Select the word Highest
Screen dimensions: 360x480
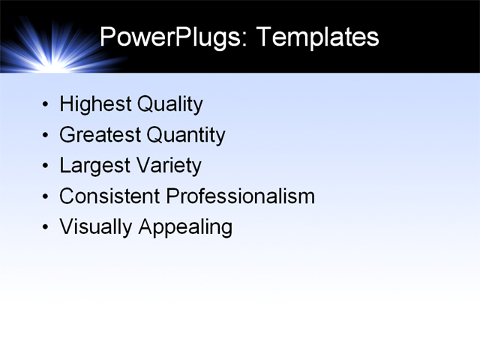click(x=94, y=104)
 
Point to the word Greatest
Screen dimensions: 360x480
click(x=99, y=135)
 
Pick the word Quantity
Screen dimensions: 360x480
click(x=185, y=135)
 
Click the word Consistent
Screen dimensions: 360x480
click(x=109, y=196)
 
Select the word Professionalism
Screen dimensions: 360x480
click(x=240, y=196)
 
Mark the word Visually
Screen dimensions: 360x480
click(x=96, y=227)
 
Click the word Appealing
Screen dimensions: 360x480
click(x=186, y=227)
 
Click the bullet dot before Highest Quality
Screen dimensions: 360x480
click(x=47, y=105)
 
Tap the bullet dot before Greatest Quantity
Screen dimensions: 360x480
click(x=47, y=136)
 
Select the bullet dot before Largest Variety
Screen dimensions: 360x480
click(x=47, y=166)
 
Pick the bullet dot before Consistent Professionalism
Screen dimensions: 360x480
click(x=47, y=197)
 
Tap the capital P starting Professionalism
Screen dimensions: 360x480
click(x=172, y=196)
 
